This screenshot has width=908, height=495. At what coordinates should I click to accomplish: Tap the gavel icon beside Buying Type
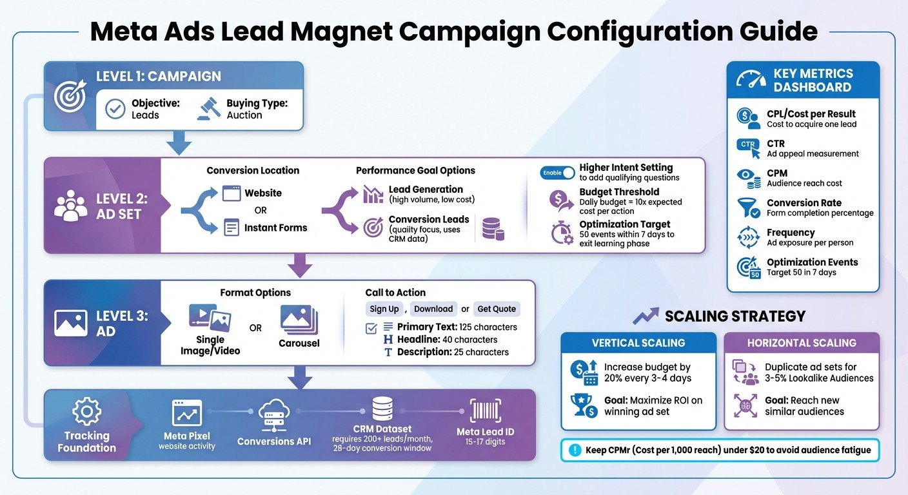tap(208, 108)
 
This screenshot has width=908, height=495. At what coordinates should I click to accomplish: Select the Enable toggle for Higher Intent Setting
tap(558, 173)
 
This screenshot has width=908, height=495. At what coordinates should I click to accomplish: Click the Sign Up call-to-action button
tap(384, 309)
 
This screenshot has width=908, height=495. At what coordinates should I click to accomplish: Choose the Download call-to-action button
tap(433, 309)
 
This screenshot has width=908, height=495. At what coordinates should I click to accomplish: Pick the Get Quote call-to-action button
tap(496, 309)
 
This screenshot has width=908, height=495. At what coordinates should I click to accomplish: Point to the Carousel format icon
tap(299, 320)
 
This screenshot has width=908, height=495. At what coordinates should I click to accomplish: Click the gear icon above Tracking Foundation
tap(86, 411)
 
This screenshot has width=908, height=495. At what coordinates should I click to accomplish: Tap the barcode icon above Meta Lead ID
tap(486, 410)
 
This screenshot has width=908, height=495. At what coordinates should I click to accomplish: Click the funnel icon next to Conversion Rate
tap(748, 208)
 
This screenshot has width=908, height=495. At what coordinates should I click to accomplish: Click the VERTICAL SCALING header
tap(638, 343)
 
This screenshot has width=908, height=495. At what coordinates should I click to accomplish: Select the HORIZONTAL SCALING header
tap(802, 343)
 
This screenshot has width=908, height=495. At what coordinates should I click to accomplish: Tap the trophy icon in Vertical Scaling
tap(585, 406)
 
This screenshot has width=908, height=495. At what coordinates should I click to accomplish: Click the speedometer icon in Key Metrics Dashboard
tap(751, 80)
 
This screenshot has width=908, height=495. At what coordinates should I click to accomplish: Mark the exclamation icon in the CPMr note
tap(574, 451)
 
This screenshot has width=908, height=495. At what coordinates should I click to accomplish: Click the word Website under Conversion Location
tap(263, 193)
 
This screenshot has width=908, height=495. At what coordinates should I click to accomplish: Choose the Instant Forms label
tap(275, 228)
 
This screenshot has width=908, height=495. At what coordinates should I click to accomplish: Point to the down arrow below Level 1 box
tap(179, 143)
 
